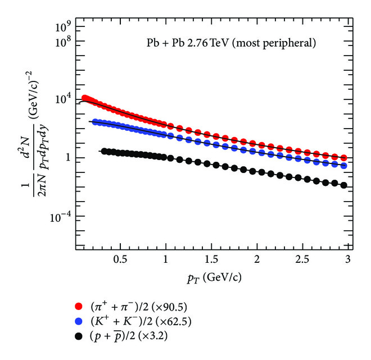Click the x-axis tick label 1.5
tap(211, 259)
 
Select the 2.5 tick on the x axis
tap(302, 259)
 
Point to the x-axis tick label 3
tap(348, 259)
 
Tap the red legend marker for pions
tap(79, 307)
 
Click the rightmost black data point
tap(343, 185)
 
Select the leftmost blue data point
tap(95, 122)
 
